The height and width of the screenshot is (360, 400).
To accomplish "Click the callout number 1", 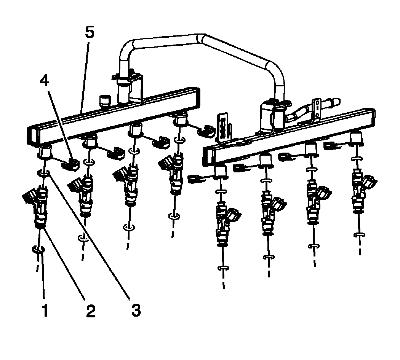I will pyautogui.click(x=45, y=311).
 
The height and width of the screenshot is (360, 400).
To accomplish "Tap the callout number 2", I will pyautogui.click(x=90, y=311).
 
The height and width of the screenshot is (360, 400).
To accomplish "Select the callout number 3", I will pyautogui.click(x=135, y=310).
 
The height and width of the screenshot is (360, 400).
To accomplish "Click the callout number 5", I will pyautogui.click(x=89, y=33).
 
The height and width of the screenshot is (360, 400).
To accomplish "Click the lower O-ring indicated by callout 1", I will pyautogui.click(x=39, y=250).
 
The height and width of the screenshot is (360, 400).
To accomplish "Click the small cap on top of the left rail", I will pyautogui.click(x=104, y=101).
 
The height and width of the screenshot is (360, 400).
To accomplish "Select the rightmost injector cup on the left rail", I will pyautogui.click(x=179, y=121).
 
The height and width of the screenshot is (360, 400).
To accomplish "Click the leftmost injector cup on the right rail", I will pyautogui.click(x=221, y=171).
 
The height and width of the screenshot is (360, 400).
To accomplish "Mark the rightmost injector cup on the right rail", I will pyautogui.click(x=356, y=139).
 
